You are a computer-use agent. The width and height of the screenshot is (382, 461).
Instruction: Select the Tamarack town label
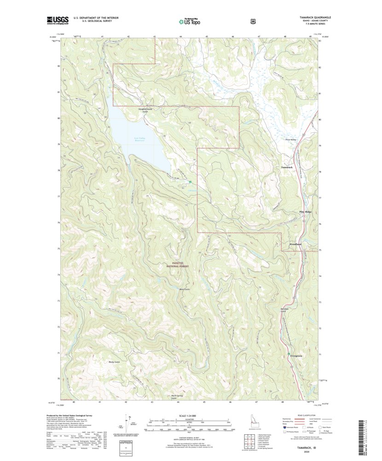[287, 167]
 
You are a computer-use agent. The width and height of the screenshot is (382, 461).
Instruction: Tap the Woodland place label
[295, 244]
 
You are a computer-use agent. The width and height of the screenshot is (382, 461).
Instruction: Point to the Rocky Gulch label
[115, 362]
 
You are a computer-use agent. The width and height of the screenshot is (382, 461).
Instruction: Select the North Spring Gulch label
[177, 397]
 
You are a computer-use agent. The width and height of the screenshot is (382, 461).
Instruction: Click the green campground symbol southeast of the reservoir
[190, 182]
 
